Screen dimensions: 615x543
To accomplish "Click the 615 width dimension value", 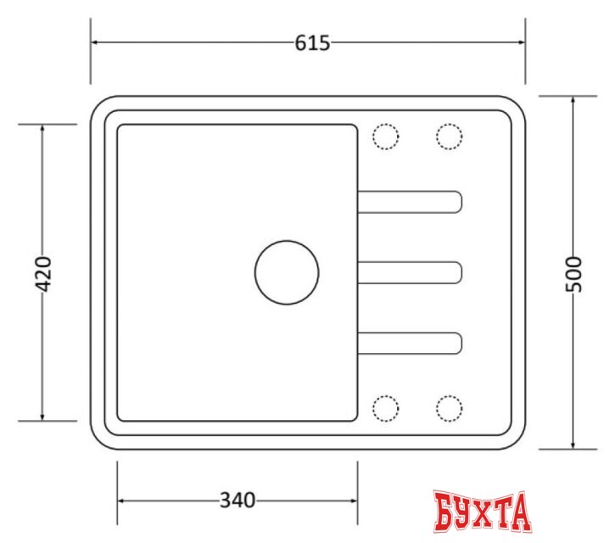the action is [312, 43].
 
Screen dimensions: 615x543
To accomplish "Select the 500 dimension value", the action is [573, 274].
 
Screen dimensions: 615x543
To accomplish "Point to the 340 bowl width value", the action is [238, 501].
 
